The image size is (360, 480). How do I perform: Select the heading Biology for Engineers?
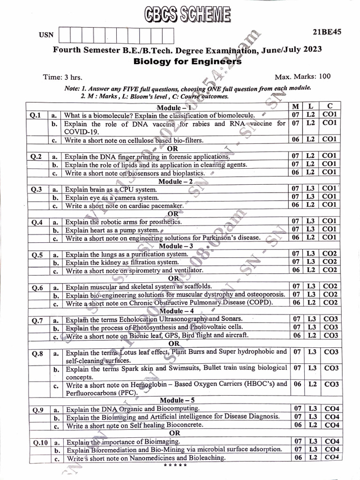[187, 61]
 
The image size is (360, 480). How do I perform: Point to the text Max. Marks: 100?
[302, 76]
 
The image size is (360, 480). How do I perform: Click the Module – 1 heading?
[174, 107]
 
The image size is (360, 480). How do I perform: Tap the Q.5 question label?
[37, 255]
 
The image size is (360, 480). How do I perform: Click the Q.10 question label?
[41, 442]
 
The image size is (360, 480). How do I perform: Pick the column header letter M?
[295, 107]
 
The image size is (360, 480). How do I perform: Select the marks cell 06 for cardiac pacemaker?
[295, 205]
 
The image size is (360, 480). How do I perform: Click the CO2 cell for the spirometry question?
[330, 270]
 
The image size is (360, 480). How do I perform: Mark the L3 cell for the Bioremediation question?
[313, 450]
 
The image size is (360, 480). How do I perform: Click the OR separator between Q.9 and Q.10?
[174, 433]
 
